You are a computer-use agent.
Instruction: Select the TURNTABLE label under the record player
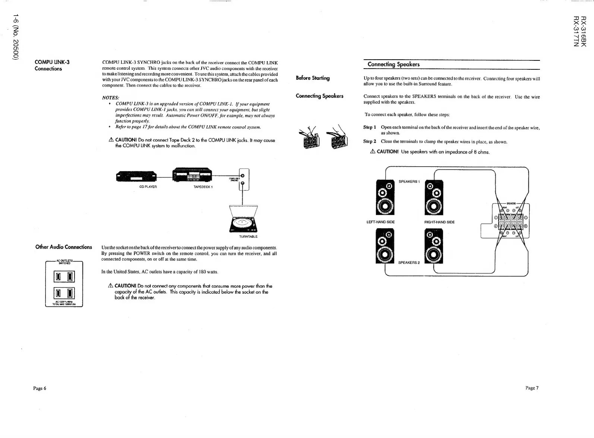pyautogui.click(x=249, y=236)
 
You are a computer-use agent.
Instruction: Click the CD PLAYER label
pyautogui.click(x=148, y=187)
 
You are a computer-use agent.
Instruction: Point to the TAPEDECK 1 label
pyautogui.click(x=203, y=187)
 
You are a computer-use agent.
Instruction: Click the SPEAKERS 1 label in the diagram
pyautogui.click(x=409, y=182)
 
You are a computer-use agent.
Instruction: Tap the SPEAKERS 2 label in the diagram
pyautogui.click(x=409, y=262)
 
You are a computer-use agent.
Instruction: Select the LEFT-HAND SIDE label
pyautogui.click(x=380, y=222)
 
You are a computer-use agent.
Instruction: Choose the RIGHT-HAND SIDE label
pyautogui.click(x=439, y=222)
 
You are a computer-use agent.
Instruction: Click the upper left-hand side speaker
pyautogui.click(x=385, y=198)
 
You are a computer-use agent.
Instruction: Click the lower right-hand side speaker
pyautogui.click(x=434, y=246)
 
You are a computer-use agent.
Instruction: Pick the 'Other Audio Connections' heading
pyautogui.click(x=64, y=247)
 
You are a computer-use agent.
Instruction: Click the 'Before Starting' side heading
pyautogui.click(x=313, y=78)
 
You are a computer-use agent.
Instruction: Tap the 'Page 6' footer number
pyautogui.click(x=40, y=388)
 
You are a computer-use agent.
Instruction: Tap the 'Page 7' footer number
pyautogui.click(x=532, y=388)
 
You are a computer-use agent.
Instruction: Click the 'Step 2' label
pyautogui.click(x=370, y=142)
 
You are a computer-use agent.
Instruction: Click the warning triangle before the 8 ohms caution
pyautogui.click(x=372, y=152)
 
